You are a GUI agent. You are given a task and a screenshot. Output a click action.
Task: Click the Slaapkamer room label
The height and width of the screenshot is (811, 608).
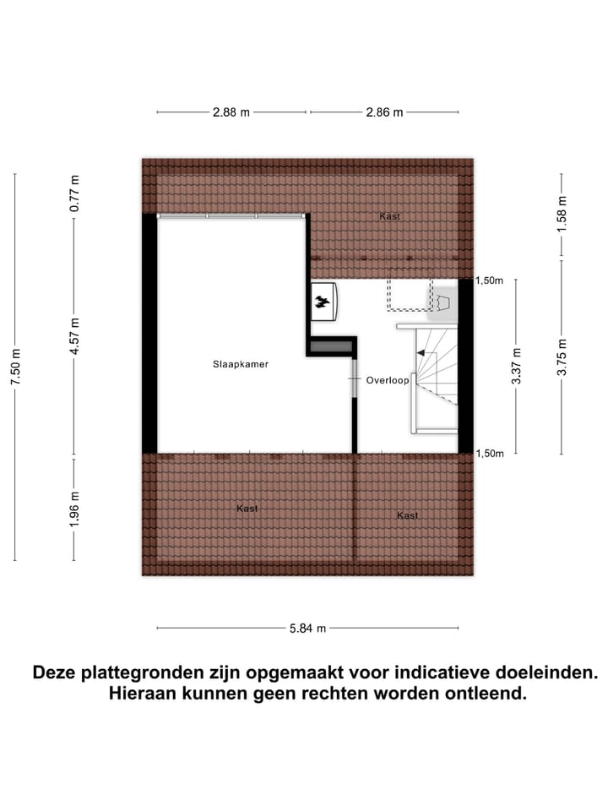[241, 365]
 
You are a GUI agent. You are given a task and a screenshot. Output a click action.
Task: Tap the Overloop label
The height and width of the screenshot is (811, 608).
[388, 381]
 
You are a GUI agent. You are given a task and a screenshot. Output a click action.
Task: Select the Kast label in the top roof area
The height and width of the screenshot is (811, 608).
[389, 216]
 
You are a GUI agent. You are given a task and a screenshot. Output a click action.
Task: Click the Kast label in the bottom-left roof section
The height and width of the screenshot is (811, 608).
[247, 509]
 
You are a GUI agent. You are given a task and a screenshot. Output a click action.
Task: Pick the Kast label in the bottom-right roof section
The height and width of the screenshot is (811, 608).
[408, 515]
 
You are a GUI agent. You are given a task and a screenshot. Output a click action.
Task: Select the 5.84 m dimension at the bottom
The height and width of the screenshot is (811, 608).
[308, 629]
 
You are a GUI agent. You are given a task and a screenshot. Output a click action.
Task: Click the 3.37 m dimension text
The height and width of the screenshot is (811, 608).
[517, 366]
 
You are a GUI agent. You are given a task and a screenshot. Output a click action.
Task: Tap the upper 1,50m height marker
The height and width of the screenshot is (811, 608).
[491, 281]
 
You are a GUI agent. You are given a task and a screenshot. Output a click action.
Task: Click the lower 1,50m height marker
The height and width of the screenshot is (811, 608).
[491, 454]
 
